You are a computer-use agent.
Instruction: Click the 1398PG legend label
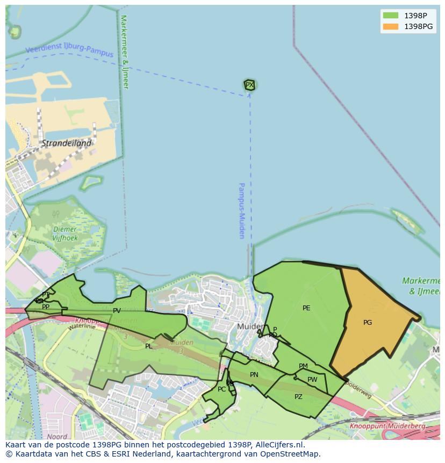(419, 26)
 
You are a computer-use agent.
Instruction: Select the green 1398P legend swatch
(390, 16)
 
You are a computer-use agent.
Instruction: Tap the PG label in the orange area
(368, 323)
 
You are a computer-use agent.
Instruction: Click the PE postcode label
(306, 308)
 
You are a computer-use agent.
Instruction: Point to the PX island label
(249, 85)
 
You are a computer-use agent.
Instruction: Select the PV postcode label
(117, 311)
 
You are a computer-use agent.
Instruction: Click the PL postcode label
(149, 346)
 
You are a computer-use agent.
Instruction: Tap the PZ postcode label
(298, 397)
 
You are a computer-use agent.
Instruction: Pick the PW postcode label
(312, 380)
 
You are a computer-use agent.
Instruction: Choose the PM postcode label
(303, 366)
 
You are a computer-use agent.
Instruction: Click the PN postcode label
(254, 375)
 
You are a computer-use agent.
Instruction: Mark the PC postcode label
(221, 389)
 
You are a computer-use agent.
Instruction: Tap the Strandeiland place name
(67, 144)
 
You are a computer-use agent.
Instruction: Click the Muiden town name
(250, 326)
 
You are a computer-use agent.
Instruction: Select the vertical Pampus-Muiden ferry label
(242, 210)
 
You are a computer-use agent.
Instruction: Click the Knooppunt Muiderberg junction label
(387, 426)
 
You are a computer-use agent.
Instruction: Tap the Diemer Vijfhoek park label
(65, 233)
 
